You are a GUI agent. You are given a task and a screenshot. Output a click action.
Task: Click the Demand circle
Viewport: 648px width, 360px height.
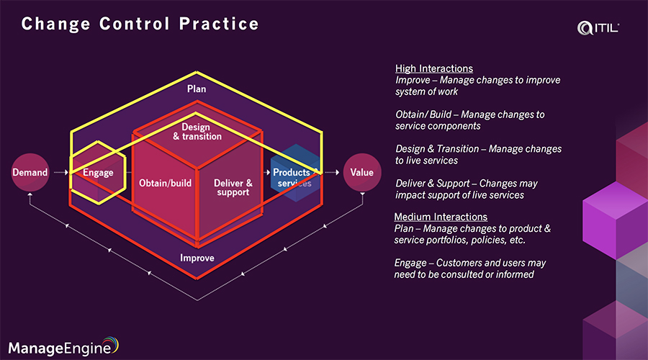pyautogui.click(x=30, y=173)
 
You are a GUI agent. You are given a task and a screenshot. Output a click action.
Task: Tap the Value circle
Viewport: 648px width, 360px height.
pyautogui.click(x=361, y=173)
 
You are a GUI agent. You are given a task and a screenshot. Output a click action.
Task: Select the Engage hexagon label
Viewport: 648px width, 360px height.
pyautogui.click(x=98, y=173)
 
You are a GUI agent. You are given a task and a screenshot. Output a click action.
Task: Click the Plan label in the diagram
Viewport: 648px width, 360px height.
pyautogui.click(x=197, y=89)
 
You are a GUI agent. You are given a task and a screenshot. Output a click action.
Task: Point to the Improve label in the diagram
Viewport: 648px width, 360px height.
pyautogui.click(x=197, y=258)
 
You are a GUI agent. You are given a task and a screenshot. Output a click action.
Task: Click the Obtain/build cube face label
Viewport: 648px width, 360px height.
pyautogui.click(x=165, y=183)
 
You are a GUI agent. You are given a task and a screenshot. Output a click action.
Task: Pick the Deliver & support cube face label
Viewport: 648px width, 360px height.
pyautogui.click(x=233, y=187)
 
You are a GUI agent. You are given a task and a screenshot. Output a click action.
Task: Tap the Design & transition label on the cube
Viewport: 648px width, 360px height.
pyautogui.click(x=197, y=132)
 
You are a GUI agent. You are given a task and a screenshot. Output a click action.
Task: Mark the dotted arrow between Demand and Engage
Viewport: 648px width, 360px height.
pyautogui.click(x=60, y=173)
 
